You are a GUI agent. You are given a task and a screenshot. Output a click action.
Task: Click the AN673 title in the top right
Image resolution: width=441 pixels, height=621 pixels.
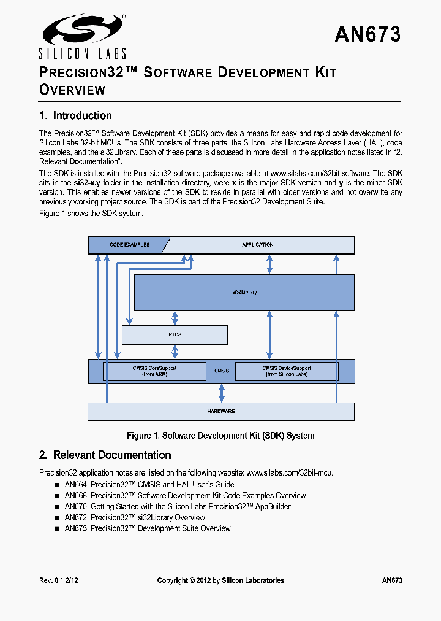click(367, 34)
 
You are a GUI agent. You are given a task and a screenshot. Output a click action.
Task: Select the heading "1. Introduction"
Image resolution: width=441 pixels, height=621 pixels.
click(75, 115)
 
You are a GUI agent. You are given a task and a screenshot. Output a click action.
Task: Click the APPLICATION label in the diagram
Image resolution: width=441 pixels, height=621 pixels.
click(257, 245)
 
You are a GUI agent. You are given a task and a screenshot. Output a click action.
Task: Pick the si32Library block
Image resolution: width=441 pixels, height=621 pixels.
click(244, 292)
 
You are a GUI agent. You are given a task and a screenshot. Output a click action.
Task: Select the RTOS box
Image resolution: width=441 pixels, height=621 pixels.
click(175, 335)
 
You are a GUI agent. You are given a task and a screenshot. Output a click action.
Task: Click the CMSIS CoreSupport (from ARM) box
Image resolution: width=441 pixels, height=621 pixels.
click(154, 371)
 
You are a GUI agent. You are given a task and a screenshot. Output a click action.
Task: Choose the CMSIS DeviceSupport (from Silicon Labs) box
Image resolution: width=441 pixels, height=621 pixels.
click(286, 371)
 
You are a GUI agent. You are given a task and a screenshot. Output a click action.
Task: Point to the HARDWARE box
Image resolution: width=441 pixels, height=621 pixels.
click(221, 411)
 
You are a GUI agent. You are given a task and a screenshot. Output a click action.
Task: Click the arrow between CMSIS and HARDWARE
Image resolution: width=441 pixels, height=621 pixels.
click(222, 392)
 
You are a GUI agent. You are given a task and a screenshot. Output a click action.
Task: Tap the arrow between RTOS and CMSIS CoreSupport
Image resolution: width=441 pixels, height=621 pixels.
click(175, 352)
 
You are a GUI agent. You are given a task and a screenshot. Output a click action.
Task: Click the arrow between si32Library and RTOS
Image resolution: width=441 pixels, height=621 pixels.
click(175, 318)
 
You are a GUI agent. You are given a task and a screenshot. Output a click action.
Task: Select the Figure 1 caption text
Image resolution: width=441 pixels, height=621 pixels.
click(221, 436)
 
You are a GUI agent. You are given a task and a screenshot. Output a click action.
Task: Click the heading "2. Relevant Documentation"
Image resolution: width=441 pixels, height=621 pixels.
click(105, 455)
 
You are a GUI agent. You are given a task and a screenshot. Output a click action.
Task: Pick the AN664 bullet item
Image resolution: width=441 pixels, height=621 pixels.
click(145, 485)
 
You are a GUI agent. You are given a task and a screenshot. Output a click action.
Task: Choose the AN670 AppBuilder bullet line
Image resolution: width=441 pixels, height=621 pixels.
click(178, 507)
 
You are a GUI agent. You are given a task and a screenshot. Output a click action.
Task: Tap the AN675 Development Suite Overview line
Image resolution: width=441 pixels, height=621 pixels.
click(148, 528)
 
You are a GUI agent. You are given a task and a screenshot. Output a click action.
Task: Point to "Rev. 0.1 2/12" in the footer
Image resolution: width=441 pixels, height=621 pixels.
click(60, 580)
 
